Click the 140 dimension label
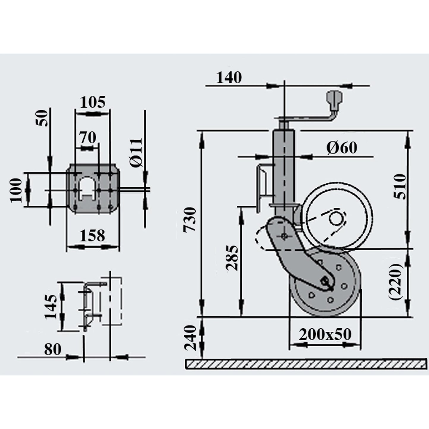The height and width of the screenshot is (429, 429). click(229, 78)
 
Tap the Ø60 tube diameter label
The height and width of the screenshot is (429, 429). click(342, 148)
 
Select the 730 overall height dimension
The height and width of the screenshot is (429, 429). click(190, 220)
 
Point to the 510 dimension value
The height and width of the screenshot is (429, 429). click(400, 187)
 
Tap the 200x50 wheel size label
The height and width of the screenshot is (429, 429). click(325, 334)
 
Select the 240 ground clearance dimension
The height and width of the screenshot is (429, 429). click(190, 338)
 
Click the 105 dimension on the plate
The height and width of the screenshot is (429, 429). click(93, 102)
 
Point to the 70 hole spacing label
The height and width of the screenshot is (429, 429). click(88, 137)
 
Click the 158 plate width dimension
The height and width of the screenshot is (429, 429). click(92, 236)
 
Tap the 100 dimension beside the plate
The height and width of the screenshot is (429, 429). click(16, 190)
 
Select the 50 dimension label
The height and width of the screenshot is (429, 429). click(42, 118)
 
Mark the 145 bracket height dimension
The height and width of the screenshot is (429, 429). click(51, 307)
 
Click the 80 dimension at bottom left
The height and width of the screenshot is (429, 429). click(53, 349)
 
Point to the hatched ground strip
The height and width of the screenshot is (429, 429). click(306, 364)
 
